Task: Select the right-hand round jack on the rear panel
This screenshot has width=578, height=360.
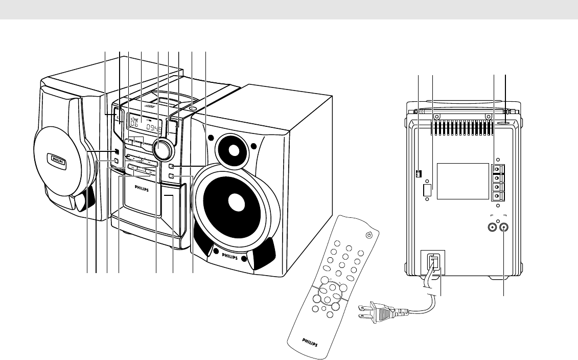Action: pos(505,228)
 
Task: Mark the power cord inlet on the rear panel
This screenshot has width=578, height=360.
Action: pos(433,263)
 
